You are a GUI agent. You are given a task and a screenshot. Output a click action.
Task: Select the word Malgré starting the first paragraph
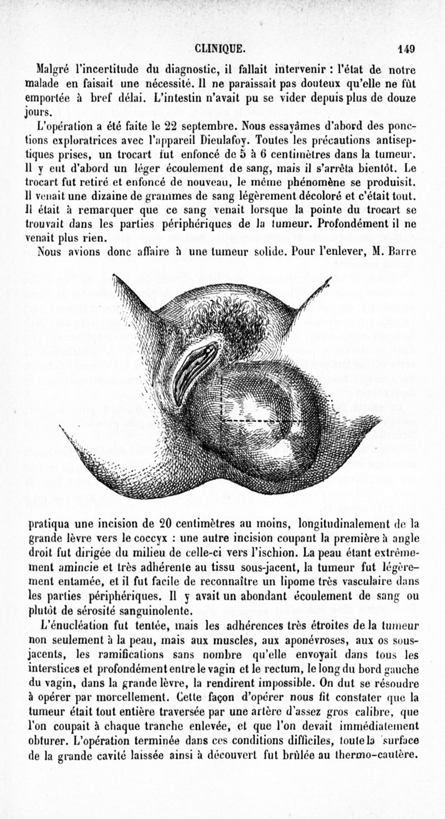(x=52, y=71)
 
